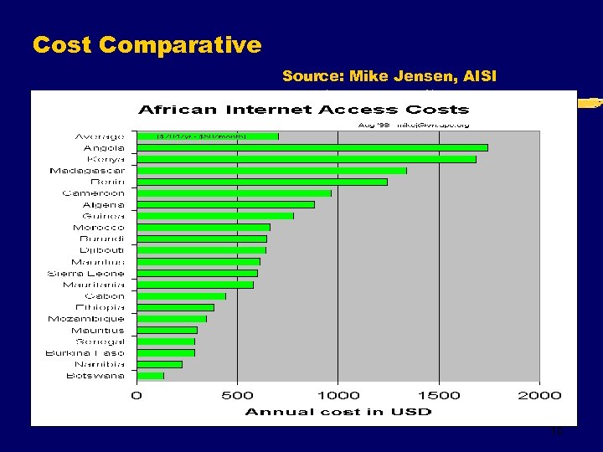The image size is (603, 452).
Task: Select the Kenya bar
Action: tap(306, 159)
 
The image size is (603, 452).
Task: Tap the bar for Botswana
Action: tap(150, 376)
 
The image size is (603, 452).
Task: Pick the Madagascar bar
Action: tap(271, 171)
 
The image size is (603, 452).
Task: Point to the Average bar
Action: tap(208, 136)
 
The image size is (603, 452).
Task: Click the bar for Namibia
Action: tap(159, 364)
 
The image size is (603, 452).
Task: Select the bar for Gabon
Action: tap(181, 295)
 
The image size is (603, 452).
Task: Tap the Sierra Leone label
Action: tap(85, 273)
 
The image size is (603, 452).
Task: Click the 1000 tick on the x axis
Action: tap(338, 395)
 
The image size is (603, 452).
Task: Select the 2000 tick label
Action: tap(539, 395)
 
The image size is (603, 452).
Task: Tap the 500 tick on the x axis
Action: tap(237, 395)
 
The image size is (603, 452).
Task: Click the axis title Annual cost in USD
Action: tap(338, 412)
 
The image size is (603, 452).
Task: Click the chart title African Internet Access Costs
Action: tap(303, 110)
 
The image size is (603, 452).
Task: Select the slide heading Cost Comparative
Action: tap(147, 44)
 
